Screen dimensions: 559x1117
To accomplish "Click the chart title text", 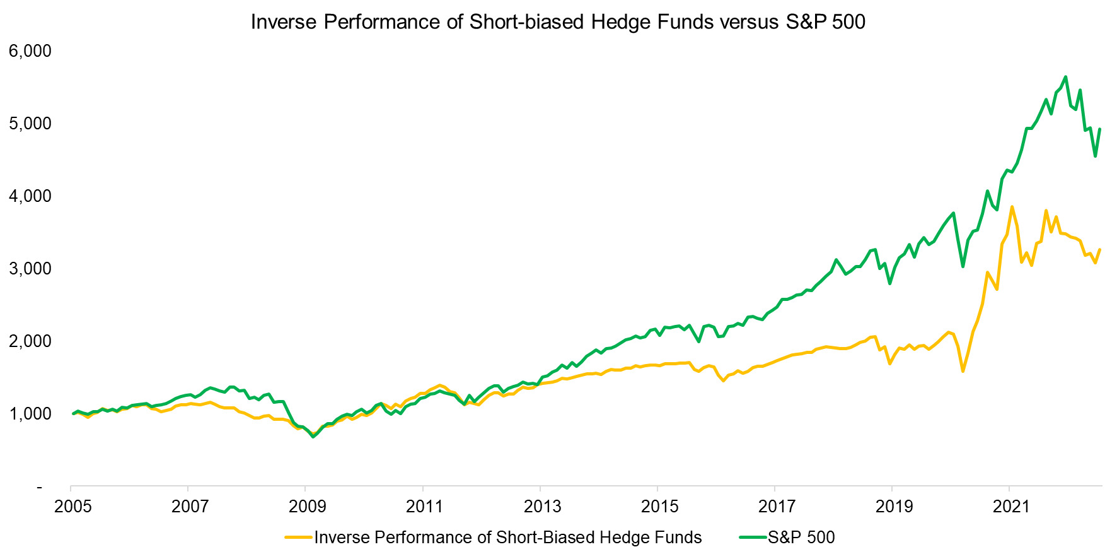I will pos(558,22).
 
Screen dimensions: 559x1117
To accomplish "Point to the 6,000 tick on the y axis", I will pos(30,50).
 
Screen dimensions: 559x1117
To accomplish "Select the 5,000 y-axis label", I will pos(30,123).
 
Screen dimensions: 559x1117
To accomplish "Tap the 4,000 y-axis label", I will pos(30,196).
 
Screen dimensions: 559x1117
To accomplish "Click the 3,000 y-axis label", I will pos(30,268).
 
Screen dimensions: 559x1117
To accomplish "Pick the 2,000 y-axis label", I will pos(30,341).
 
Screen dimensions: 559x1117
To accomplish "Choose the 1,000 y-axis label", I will pos(30,413).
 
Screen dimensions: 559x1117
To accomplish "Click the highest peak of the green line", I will pos(1065,77).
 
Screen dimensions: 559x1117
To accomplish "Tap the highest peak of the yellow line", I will pos(1012,207).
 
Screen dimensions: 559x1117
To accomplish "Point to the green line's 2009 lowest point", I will pos(313,437).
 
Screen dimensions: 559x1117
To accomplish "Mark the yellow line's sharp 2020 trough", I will pos(963,371).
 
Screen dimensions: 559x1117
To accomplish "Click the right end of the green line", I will pos(1100,129).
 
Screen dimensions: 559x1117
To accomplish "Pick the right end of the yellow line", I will pos(1100,250).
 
